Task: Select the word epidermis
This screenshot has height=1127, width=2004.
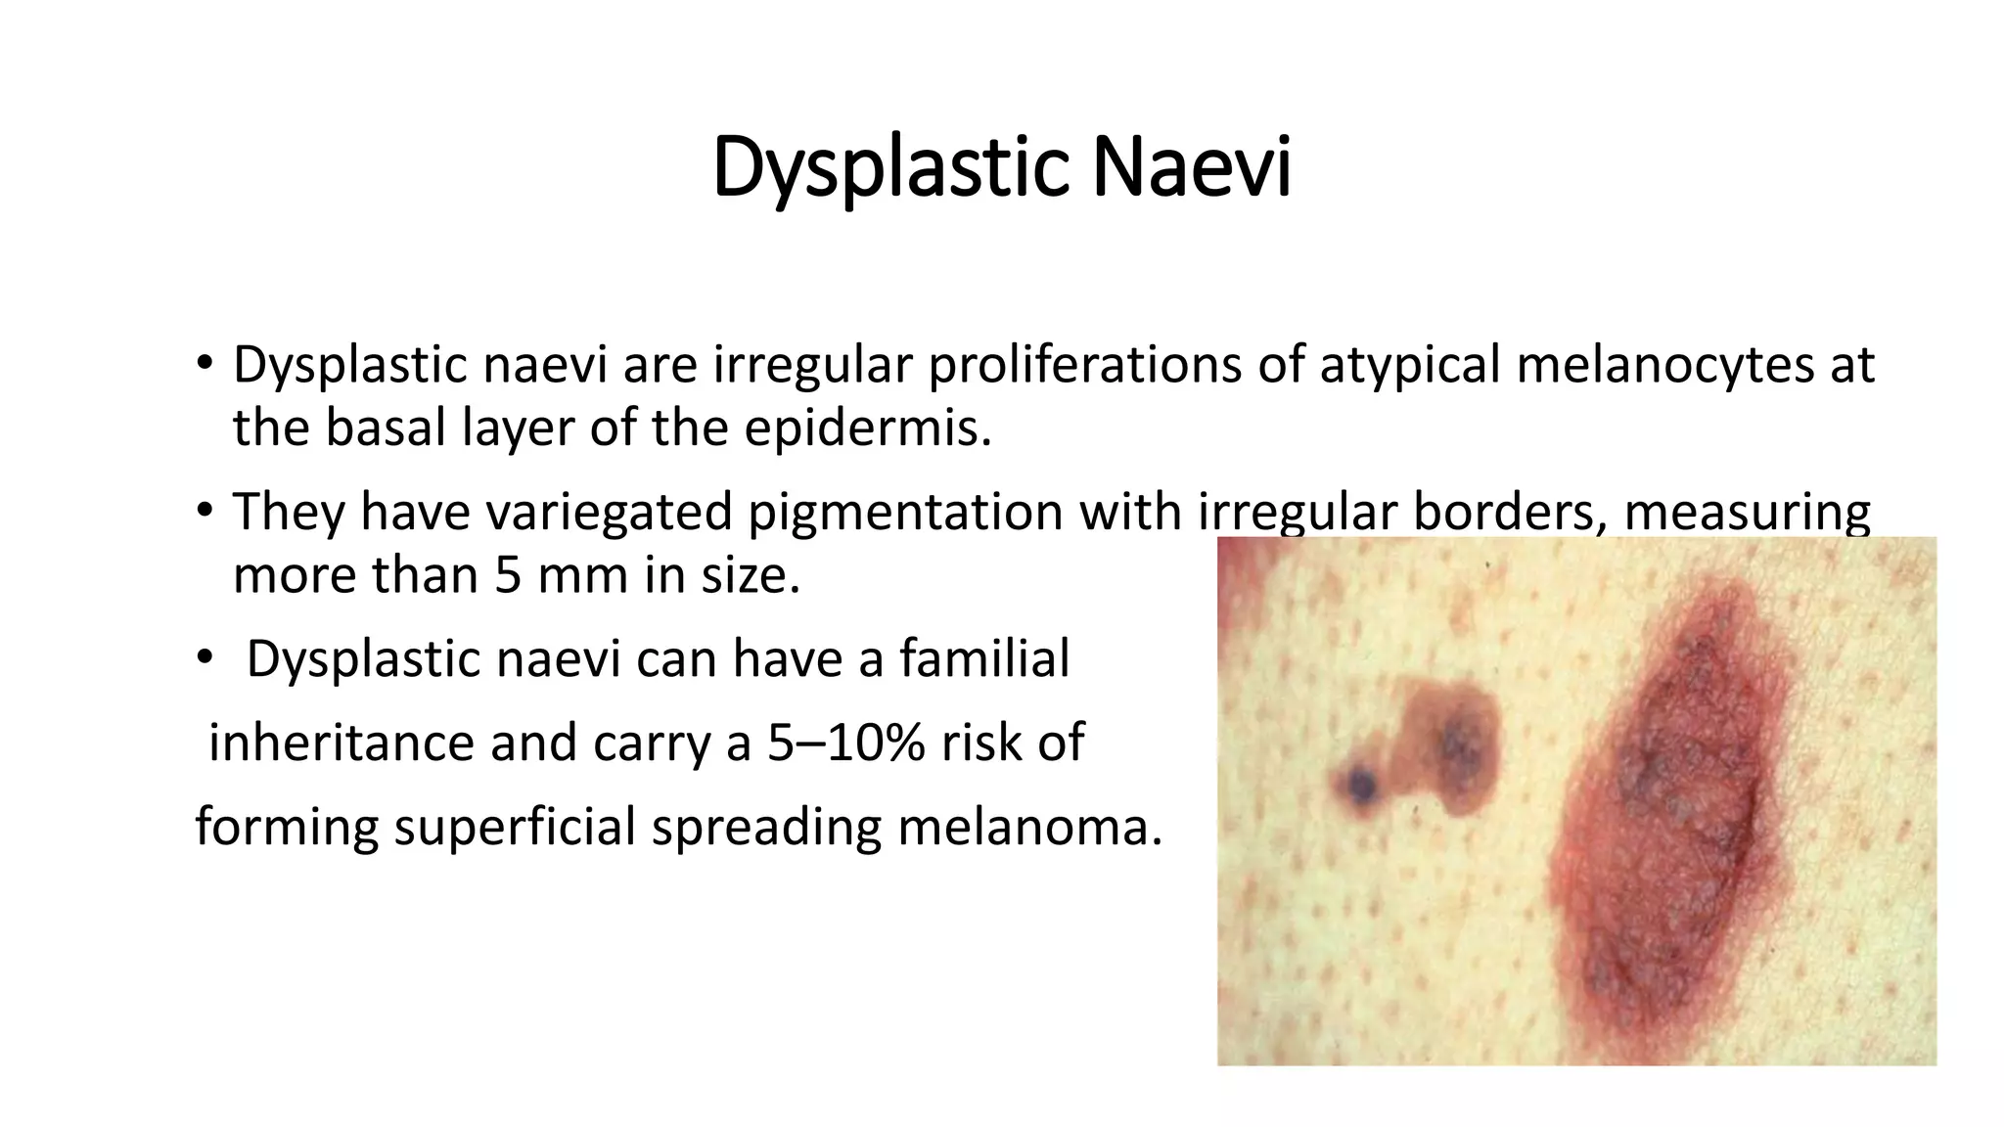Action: tap(867, 428)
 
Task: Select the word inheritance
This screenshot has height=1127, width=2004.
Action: tap(342, 742)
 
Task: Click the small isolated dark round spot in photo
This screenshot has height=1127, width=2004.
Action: tap(1359, 783)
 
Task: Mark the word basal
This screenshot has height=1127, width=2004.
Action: tap(382, 428)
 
